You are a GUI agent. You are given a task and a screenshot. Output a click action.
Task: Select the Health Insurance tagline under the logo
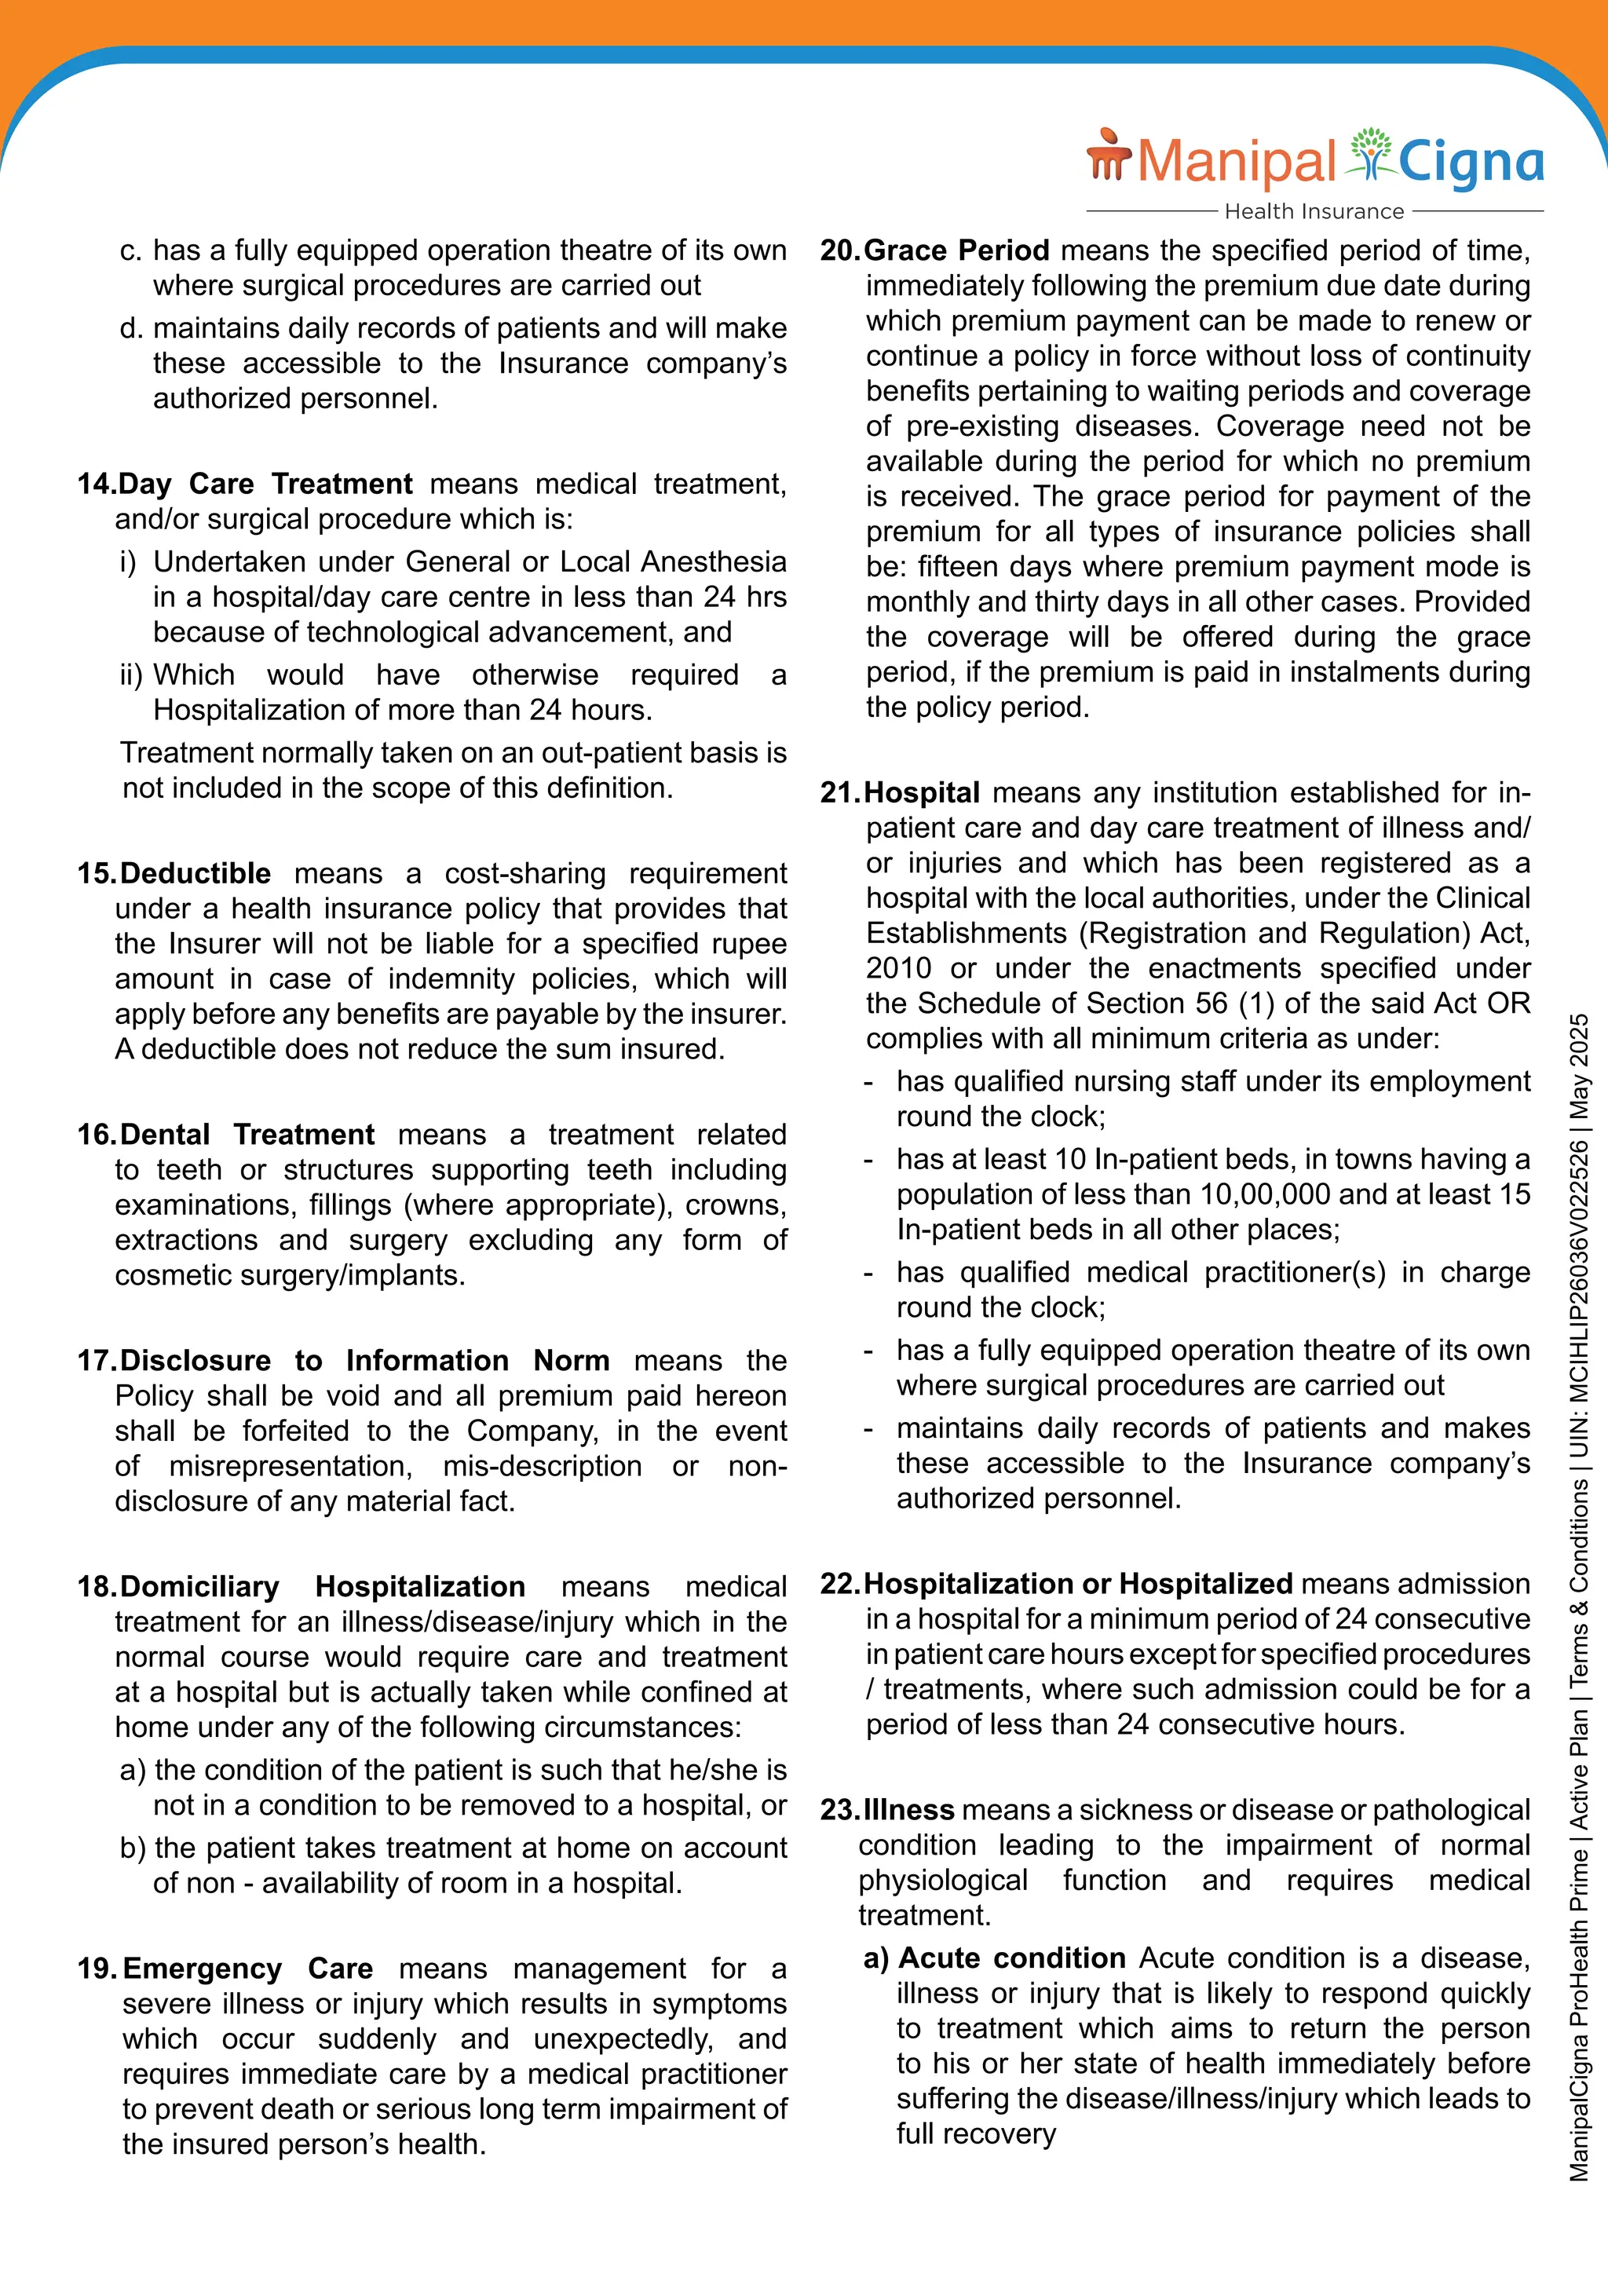tap(1314, 211)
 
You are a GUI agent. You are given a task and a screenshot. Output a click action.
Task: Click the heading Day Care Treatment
tap(265, 484)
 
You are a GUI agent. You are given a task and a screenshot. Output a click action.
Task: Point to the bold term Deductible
tap(195, 873)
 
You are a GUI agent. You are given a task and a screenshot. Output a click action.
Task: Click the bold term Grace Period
tap(956, 250)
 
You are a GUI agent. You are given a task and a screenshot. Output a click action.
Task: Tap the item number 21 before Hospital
tap(839, 793)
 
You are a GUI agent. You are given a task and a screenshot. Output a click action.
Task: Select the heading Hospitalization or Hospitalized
tap(1078, 1584)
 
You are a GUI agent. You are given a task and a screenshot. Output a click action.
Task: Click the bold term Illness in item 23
tap(909, 1811)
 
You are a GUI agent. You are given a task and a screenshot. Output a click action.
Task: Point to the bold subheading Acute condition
tap(1011, 1958)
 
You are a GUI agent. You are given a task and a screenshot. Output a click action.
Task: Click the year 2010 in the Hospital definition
tap(898, 969)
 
